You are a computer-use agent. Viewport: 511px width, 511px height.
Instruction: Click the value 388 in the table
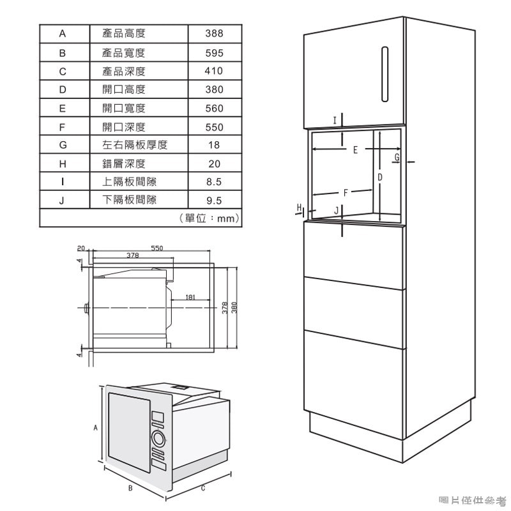(x=214, y=33)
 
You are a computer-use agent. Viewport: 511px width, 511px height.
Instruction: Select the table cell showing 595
(x=214, y=53)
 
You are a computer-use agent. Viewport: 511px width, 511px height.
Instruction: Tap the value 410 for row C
(x=214, y=71)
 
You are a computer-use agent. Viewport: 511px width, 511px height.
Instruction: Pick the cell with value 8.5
(x=214, y=181)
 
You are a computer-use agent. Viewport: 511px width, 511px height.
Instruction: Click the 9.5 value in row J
(x=214, y=200)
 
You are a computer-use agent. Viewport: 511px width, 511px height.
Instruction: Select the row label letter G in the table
(x=63, y=145)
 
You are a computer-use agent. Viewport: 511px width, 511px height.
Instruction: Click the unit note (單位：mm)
(x=210, y=218)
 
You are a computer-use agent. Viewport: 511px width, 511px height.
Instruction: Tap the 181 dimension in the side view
(x=190, y=297)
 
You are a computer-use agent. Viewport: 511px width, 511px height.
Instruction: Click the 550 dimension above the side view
(x=156, y=248)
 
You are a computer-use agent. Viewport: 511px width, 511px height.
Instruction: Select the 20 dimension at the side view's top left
(x=81, y=248)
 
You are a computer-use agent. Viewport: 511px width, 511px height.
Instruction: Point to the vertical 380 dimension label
(x=234, y=308)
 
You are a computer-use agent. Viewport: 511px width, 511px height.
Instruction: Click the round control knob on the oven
(x=158, y=439)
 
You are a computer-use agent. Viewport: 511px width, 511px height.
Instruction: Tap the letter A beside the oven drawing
(x=95, y=427)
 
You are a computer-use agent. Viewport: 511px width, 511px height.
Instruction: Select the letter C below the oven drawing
(x=202, y=488)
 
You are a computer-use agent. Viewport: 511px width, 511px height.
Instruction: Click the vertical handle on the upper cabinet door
(x=385, y=74)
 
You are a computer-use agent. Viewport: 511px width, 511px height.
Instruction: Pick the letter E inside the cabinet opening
(x=355, y=150)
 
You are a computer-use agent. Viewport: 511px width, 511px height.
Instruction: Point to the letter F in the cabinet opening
(x=346, y=193)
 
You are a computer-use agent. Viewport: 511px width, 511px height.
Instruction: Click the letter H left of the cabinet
(x=299, y=208)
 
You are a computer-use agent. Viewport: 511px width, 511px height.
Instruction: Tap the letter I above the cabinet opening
(x=334, y=120)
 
